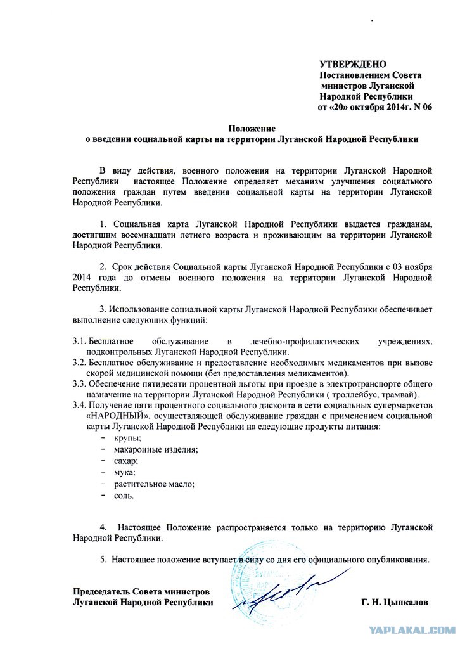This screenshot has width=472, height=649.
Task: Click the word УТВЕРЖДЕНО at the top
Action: pyautogui.click(x=352, y=65)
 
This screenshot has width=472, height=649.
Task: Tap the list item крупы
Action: pyautogui.click(x=128, y=438)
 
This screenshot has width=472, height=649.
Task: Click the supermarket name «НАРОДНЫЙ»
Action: pyautogui.click(x=118, y=416)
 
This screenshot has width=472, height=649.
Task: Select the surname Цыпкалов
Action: pyautogui.click(x=402, y=602)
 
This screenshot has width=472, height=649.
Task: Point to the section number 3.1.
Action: pyautogui.click(x=79, y=341)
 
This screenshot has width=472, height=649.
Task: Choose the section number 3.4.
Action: pyautogui.click(x=79, y=405)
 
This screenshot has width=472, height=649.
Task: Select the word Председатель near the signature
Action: pyautogui.click(x=101, y=591)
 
